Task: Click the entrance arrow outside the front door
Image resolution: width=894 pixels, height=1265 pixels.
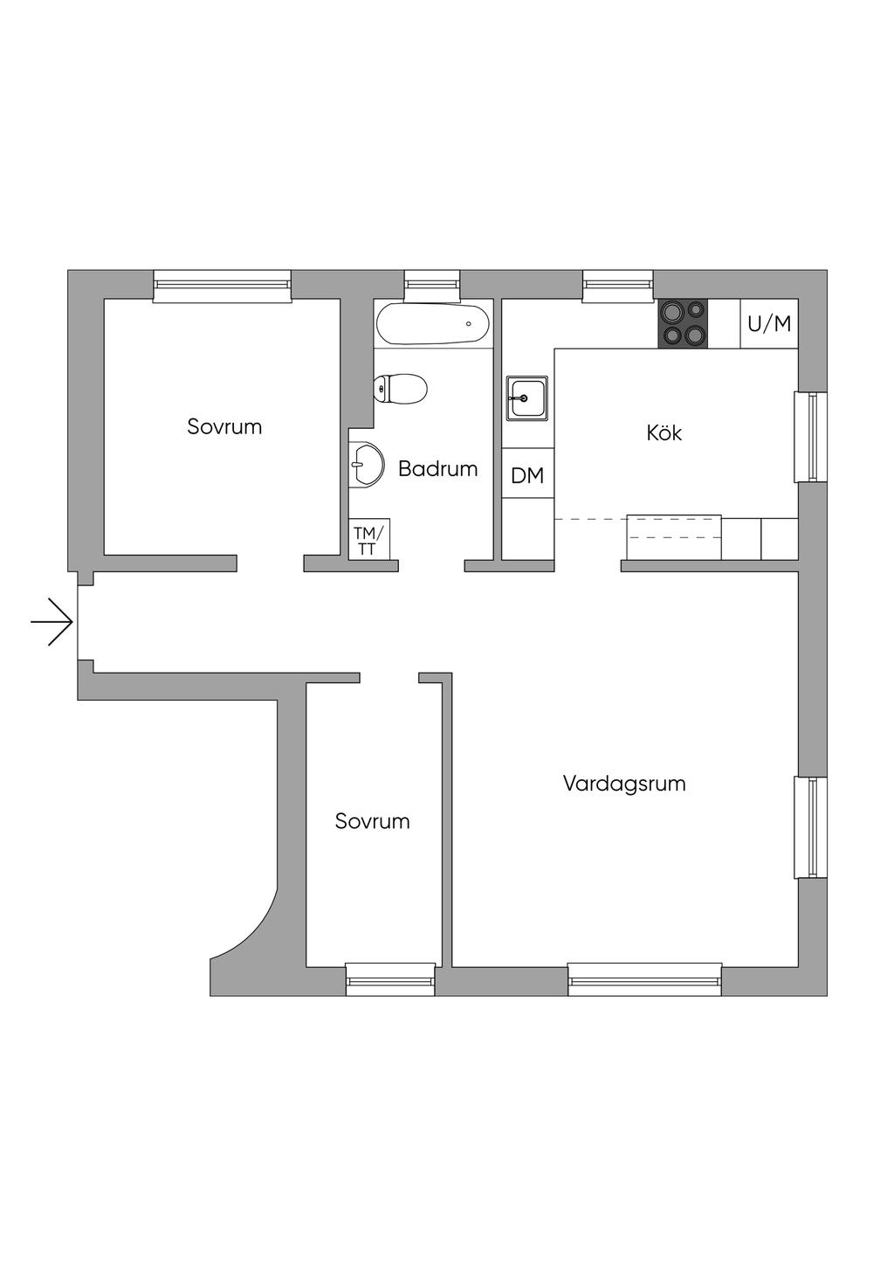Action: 52,622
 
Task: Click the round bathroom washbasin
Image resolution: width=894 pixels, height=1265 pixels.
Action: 368,464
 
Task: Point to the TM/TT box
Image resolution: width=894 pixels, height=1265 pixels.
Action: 368,539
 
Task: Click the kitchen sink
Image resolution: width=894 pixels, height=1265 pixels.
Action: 526,398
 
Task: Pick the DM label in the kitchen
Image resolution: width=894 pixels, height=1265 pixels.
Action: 527,475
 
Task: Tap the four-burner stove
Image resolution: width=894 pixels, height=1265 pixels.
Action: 683,322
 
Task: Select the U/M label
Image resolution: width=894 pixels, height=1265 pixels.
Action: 769,324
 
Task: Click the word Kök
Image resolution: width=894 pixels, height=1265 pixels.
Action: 664,432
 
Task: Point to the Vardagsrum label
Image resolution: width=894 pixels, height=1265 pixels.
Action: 624,784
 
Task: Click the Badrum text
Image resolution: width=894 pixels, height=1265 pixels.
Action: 437,469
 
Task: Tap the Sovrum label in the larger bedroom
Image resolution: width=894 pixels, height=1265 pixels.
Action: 224,427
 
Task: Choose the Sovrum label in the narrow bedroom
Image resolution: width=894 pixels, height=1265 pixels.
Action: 372,821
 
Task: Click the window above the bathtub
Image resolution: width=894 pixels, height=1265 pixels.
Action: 432,284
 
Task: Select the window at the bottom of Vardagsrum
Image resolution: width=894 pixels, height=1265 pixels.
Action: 644,978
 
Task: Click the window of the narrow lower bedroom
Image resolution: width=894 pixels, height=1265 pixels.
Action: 390,978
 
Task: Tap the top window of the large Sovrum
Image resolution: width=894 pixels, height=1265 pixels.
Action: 222,285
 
